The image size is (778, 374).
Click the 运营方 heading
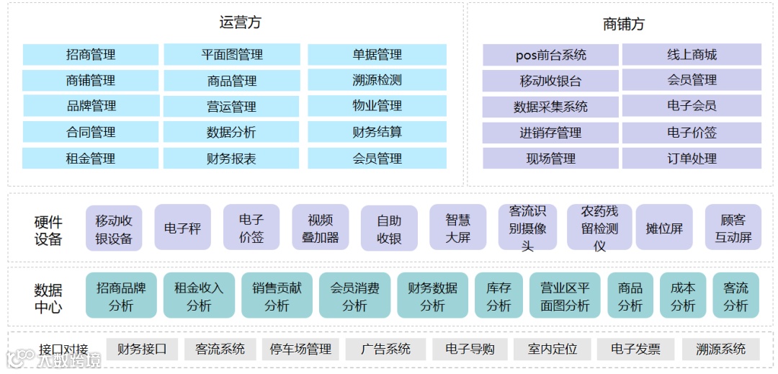click(240, 22)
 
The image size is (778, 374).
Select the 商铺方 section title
click(623, 24)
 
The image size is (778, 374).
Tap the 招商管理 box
click(91, 55)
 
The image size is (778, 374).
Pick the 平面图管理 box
click(231, 55)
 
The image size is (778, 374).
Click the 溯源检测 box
click(377, 80)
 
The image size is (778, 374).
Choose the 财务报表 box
click(231, 159)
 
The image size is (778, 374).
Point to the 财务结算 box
click(377, 132)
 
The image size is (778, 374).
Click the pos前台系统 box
click(551, 55)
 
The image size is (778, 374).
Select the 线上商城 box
click(692, 55)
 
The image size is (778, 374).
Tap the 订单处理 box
click(692, 159)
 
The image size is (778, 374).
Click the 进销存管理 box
click(551, 133)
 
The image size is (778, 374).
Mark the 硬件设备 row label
click(48, 230)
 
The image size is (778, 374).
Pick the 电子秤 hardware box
click(182, 228)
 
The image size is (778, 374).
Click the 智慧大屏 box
click(457, 228)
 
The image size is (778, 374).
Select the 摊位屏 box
click(663, 228)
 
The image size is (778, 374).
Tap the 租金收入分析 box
click(199, 296)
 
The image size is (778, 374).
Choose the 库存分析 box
click(498, 296)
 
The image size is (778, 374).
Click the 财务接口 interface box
click(142, 349)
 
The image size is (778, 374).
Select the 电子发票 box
click(635, 349)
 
